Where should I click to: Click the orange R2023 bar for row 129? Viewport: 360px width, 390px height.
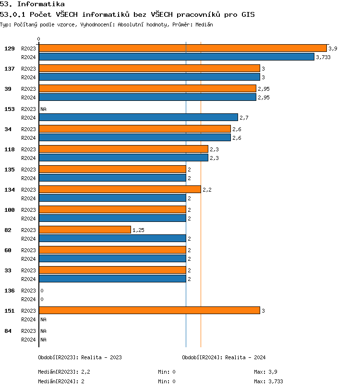(182, 48)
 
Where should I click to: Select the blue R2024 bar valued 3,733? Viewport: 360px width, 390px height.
(176, 57)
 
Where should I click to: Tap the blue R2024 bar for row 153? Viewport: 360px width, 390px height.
(138, 117)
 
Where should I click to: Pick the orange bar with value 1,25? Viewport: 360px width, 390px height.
(84, 230)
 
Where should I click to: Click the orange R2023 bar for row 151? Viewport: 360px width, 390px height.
(149, 310)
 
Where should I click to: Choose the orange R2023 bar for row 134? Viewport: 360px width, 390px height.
(120, 189)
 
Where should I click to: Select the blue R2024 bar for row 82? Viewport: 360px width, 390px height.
(112, 238)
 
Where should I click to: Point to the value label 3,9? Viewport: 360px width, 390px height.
(333, 49)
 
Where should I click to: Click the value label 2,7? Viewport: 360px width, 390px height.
(244, 118)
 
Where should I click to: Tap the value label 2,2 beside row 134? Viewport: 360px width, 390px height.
(207, 190)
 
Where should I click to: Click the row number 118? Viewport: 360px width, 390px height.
(10, 149)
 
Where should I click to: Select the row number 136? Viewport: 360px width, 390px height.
(10, 291)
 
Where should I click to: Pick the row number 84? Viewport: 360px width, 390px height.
(8, 331)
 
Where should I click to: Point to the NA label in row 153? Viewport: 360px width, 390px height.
(43, 109)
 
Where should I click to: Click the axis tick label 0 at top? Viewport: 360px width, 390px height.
(39, 39)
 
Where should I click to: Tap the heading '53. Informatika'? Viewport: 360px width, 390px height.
(32, 4)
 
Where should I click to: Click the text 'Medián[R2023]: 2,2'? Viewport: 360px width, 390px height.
(64, 372)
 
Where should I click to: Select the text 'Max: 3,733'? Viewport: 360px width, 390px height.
(268, 381)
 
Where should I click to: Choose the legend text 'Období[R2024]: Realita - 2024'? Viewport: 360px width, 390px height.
(224, 357)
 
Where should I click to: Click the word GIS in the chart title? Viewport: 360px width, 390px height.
(247, 14)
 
